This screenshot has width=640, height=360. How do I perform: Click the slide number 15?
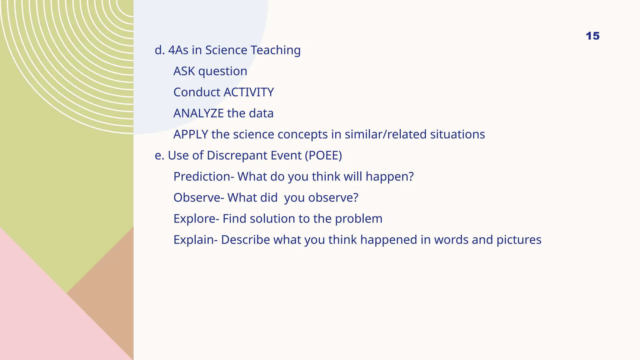click(x=592, y=36)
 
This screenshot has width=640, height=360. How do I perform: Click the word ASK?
click(x=184, y=71)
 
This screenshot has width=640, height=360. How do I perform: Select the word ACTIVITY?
click(x=249, y=92)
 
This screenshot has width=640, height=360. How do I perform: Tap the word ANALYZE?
click(x=198, y=113)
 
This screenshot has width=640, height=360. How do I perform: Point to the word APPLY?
click(x=191, y=134)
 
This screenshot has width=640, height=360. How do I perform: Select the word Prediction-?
click(x=204, y=177)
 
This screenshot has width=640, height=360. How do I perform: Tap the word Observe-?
click(x=199, y=197)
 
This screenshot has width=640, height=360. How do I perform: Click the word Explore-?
click(x=196, y=219)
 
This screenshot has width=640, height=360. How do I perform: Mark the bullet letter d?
click(x=159, y=50)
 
